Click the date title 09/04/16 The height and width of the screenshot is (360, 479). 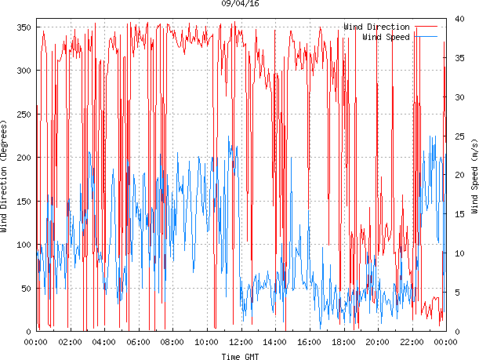(x=240, y=4)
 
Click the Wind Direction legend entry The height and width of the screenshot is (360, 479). (x=377, y=27)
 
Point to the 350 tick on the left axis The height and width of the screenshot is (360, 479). (x=23, y=27)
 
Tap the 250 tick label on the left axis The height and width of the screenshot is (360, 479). (x=23, y=115)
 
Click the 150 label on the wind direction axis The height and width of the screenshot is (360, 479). (x=23, y=202)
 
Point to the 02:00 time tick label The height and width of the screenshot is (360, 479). (x=70, y=342)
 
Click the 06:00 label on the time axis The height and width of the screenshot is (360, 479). (x=138, y=342)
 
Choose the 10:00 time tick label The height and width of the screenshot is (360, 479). (x=207, y=342)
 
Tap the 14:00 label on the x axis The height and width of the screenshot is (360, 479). (x=275, y=342)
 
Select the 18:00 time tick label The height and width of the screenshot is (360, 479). (x=343, y=342)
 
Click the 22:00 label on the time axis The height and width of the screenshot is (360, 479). (x=412, y=342)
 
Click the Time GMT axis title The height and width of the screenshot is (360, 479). (x=240, y=356)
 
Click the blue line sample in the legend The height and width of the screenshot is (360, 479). (x=426, y=37)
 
